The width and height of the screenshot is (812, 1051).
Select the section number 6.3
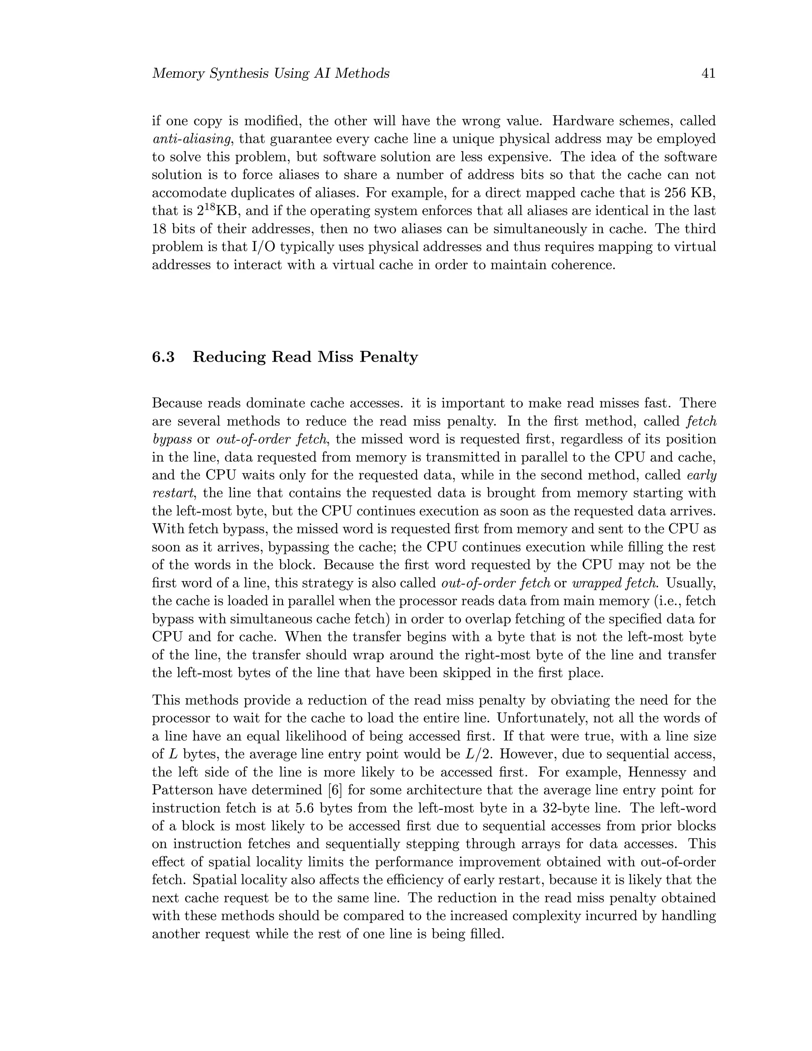point(163,357)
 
